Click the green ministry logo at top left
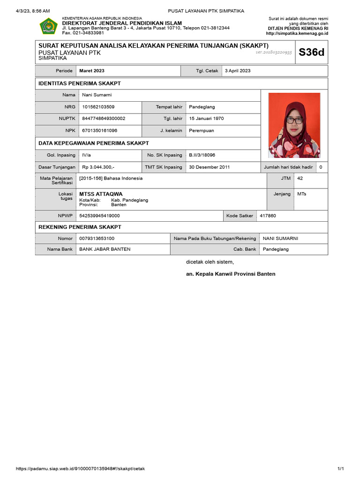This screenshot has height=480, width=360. [x=48, y=26]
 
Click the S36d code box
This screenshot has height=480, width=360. [x=311, y=52]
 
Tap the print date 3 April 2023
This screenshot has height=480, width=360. [x=238, y=71]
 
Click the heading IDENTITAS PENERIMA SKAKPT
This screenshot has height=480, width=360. [x=79, y=83]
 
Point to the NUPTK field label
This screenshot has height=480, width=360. [x=67, y=119]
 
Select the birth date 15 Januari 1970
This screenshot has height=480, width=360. [x=206, y=119]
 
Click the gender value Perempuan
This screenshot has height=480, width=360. [x=201, y=131]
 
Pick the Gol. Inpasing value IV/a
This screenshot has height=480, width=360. [x=87, y=155]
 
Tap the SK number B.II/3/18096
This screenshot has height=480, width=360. [x=202, y=155]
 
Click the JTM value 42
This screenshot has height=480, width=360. [x=300, y=178]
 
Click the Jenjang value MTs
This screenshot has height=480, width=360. [x=302, y=194]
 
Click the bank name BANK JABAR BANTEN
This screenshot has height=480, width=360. [x=105, y=249]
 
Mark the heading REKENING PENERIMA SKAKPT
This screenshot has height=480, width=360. [x=80, y=227]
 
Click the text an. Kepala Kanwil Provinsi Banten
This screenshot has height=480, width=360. [x=231, y=274]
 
